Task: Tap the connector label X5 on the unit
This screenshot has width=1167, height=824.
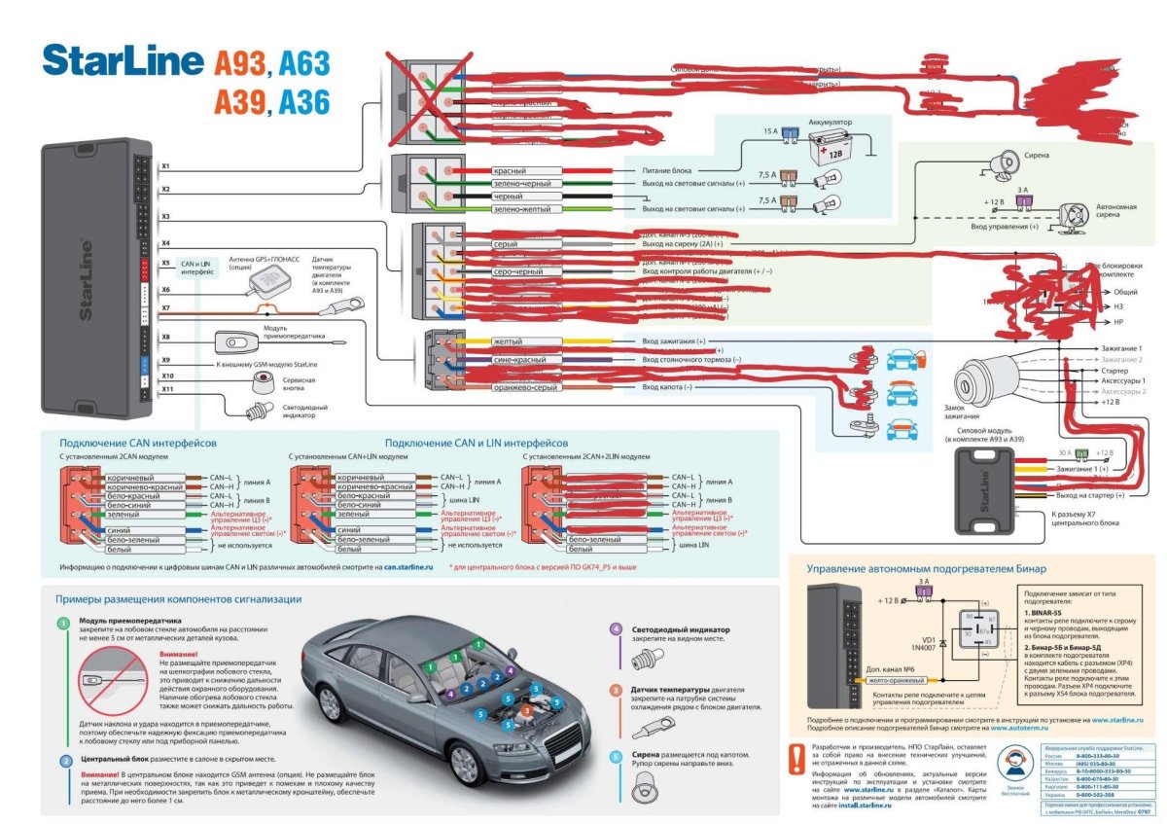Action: [x=165, y=263]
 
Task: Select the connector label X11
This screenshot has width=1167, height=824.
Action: [x=166, y=389]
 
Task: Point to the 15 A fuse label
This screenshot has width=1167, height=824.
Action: [x=768, y=130]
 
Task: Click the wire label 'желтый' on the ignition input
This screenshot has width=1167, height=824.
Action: [x=508, y=342]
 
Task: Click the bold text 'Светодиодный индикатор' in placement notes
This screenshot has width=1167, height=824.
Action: [x=681, y=629]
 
